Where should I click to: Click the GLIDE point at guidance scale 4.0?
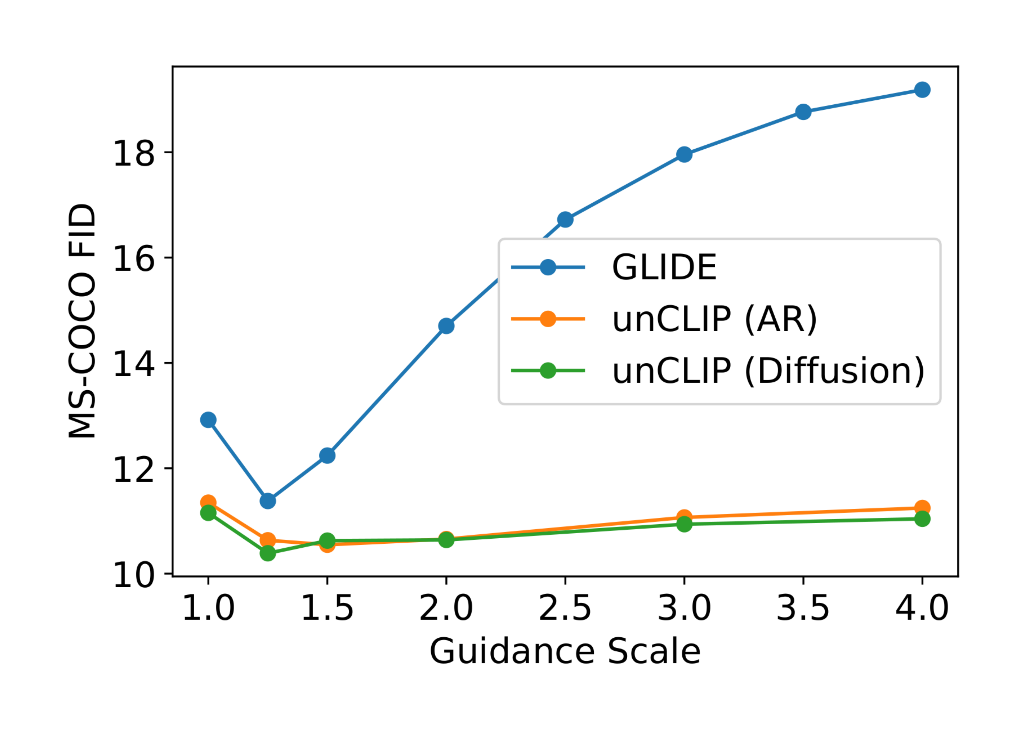point(922,90)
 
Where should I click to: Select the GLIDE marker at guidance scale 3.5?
point(803,112)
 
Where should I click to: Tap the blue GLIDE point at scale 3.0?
point(684,154)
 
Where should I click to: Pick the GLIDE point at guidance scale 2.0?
point(446,326)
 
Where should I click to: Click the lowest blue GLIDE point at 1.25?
point(268,501)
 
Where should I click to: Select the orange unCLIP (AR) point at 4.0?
point(922,508)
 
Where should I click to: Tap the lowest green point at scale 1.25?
point(268,553)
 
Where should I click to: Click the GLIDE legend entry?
point(664,267)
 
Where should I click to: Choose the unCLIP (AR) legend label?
point(714,319)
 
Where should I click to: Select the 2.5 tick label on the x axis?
point(565,608)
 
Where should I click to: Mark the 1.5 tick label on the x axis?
point(327,608)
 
